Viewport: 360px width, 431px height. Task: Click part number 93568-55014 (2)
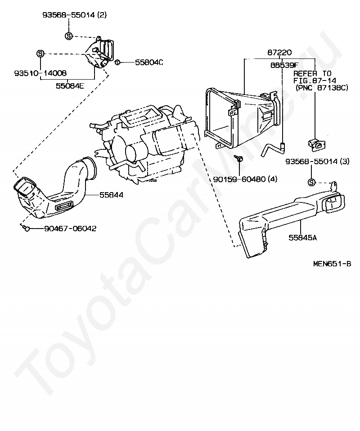(75, 15)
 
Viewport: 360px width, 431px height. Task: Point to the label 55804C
(149, 62)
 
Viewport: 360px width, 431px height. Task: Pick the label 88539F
(284, 64)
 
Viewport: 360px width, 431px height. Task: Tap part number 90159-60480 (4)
(245, 179)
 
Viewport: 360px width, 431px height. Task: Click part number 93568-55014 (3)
(317, 161)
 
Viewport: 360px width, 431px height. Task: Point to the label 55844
(111, 195)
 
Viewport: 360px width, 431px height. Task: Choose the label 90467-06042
(70, 229)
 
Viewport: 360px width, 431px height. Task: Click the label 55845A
(302, 237)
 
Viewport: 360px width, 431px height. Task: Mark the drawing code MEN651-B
(332, 264)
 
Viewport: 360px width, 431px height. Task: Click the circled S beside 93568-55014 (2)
(68, 36)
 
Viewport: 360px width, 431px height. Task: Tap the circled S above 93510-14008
(40, 54)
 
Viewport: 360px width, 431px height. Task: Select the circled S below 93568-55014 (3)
(311, 182)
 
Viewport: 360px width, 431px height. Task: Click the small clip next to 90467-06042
(26, 229)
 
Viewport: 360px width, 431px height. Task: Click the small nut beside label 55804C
(117, 62)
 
